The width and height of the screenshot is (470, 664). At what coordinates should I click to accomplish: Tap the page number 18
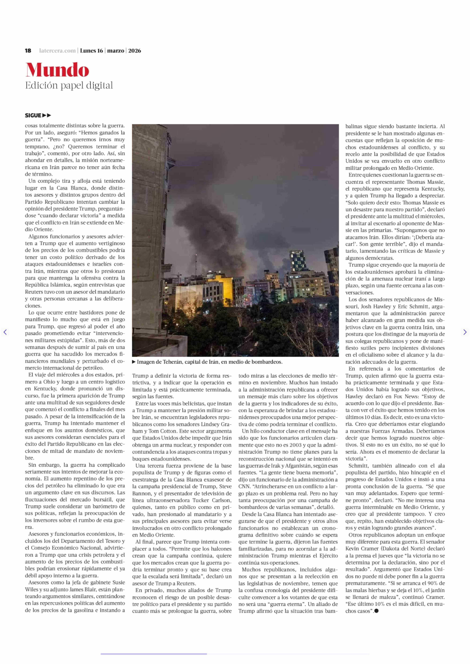28,51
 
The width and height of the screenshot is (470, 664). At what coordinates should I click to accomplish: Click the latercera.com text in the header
57,51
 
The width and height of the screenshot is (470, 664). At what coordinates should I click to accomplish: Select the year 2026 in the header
135,51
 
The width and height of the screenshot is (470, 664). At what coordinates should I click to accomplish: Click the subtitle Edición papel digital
69,86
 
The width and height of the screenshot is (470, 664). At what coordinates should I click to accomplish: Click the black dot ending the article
376,611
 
